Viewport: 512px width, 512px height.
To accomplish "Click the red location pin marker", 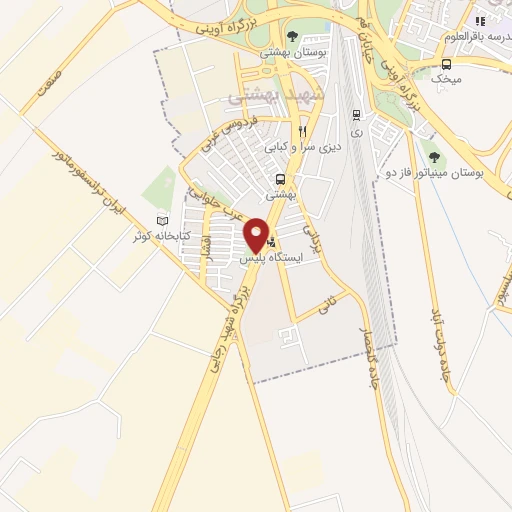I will click(257, 234).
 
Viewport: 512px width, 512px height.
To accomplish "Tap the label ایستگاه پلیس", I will click(272, 258).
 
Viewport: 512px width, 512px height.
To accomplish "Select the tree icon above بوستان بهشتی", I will click(292, 36).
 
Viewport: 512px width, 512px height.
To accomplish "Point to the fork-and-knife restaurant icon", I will click(301, 131).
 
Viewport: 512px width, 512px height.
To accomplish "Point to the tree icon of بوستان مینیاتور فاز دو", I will click(433, 156).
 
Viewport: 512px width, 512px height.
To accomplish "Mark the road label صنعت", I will click(47, 84).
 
